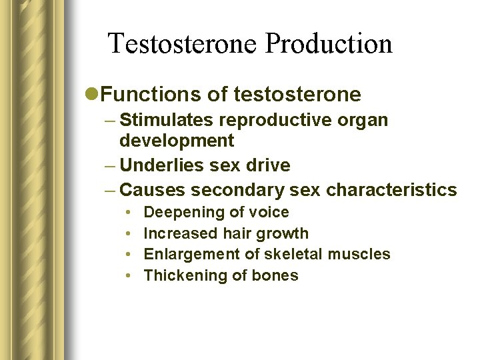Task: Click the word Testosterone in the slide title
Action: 183,44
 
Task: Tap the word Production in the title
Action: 329,44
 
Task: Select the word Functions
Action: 150,95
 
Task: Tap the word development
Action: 177,141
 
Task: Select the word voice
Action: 269,213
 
